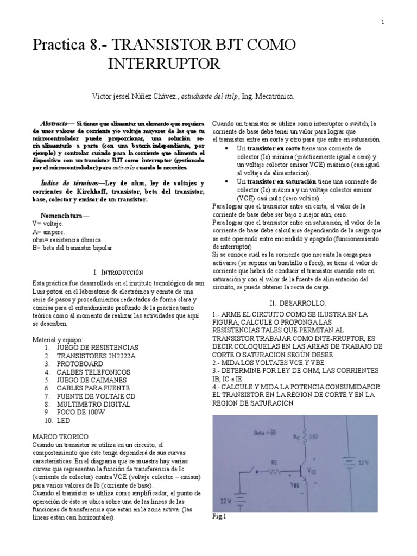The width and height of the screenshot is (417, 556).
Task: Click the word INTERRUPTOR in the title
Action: (x=165, y=64)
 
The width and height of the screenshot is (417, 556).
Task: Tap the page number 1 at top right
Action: (x=383, y=22)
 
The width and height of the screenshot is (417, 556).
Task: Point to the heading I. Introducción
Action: (x=118, y=271)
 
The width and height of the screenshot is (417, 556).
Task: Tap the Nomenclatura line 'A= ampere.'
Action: (x=48, y=231)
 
